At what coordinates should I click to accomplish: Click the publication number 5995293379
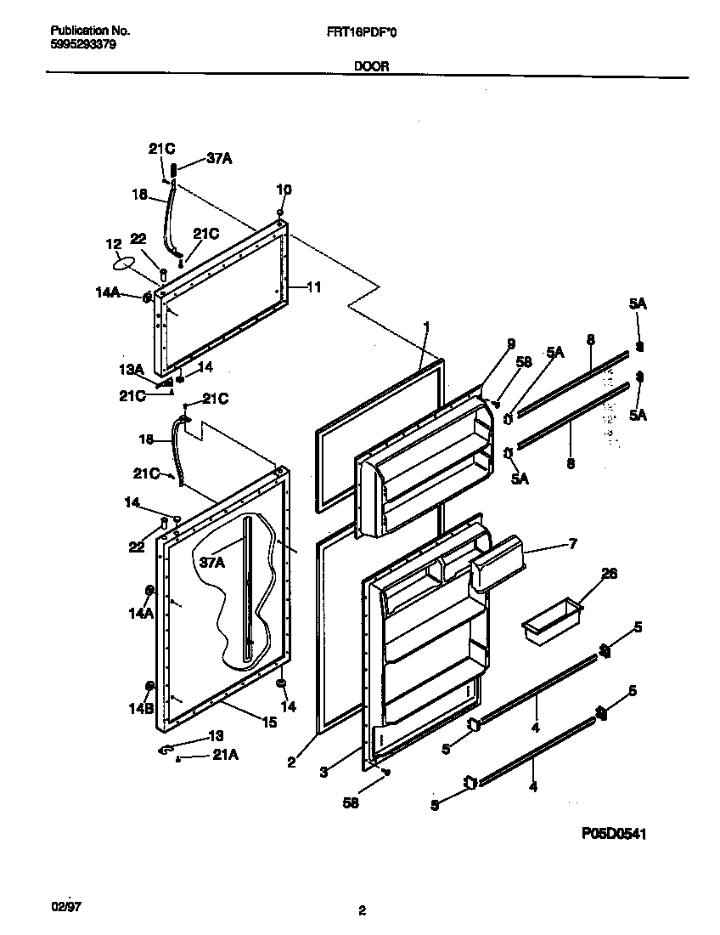pos(78,45)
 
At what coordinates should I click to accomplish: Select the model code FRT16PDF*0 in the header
pos(361,31)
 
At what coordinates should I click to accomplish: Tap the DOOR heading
pos(372,66)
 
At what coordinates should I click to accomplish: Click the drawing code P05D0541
pos(614,836)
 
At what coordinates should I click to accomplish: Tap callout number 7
pos(571,541)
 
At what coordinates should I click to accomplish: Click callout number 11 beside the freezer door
pos(313,287)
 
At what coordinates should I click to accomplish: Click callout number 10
pos(284,190)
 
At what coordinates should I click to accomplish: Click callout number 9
pos(510,343)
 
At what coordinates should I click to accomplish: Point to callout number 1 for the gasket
pos(427,326)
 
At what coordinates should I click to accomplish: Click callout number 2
pos(290,762)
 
